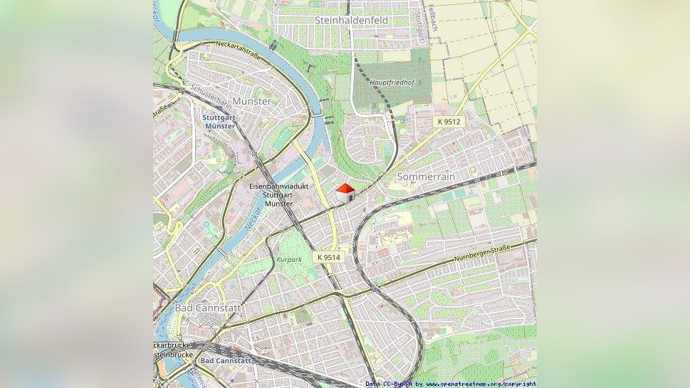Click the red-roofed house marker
tap(345, 192)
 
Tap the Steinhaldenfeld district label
tap(351, 21)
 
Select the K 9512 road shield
tap(449, 122)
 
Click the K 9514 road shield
tap(329, 257)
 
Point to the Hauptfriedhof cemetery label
tap(392, 83)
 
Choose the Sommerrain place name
tap(426, 176)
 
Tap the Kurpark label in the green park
tap(289, 260)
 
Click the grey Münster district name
tap(251, 101)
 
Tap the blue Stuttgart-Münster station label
tap(219, 121)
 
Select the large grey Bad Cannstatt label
tap(208, 308)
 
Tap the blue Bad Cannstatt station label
tap(226, 361)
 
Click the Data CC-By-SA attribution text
tap(390, 384)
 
